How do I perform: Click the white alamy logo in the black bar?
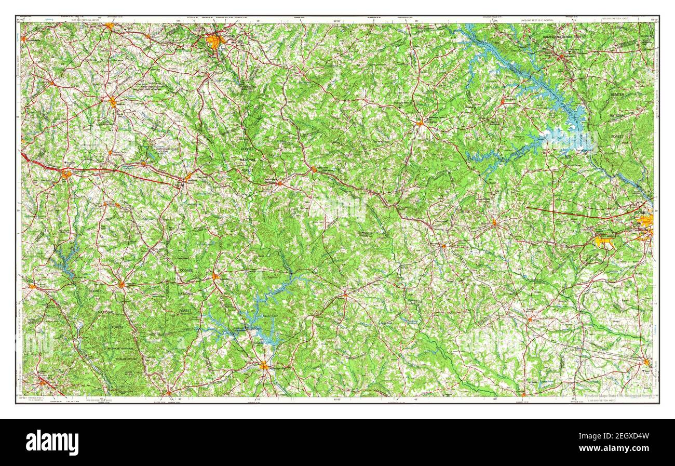[52, 442]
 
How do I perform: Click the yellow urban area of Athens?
[214, 41]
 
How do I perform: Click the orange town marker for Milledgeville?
[264, 366]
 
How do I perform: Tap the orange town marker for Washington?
[420, 123]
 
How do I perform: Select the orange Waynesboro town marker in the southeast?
[646, 362]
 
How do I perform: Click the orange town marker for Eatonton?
[215, 276]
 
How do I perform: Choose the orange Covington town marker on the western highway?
[66, 174]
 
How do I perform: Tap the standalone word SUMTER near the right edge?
[617, 95]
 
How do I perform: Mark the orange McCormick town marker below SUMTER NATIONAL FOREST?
[561, 57]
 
